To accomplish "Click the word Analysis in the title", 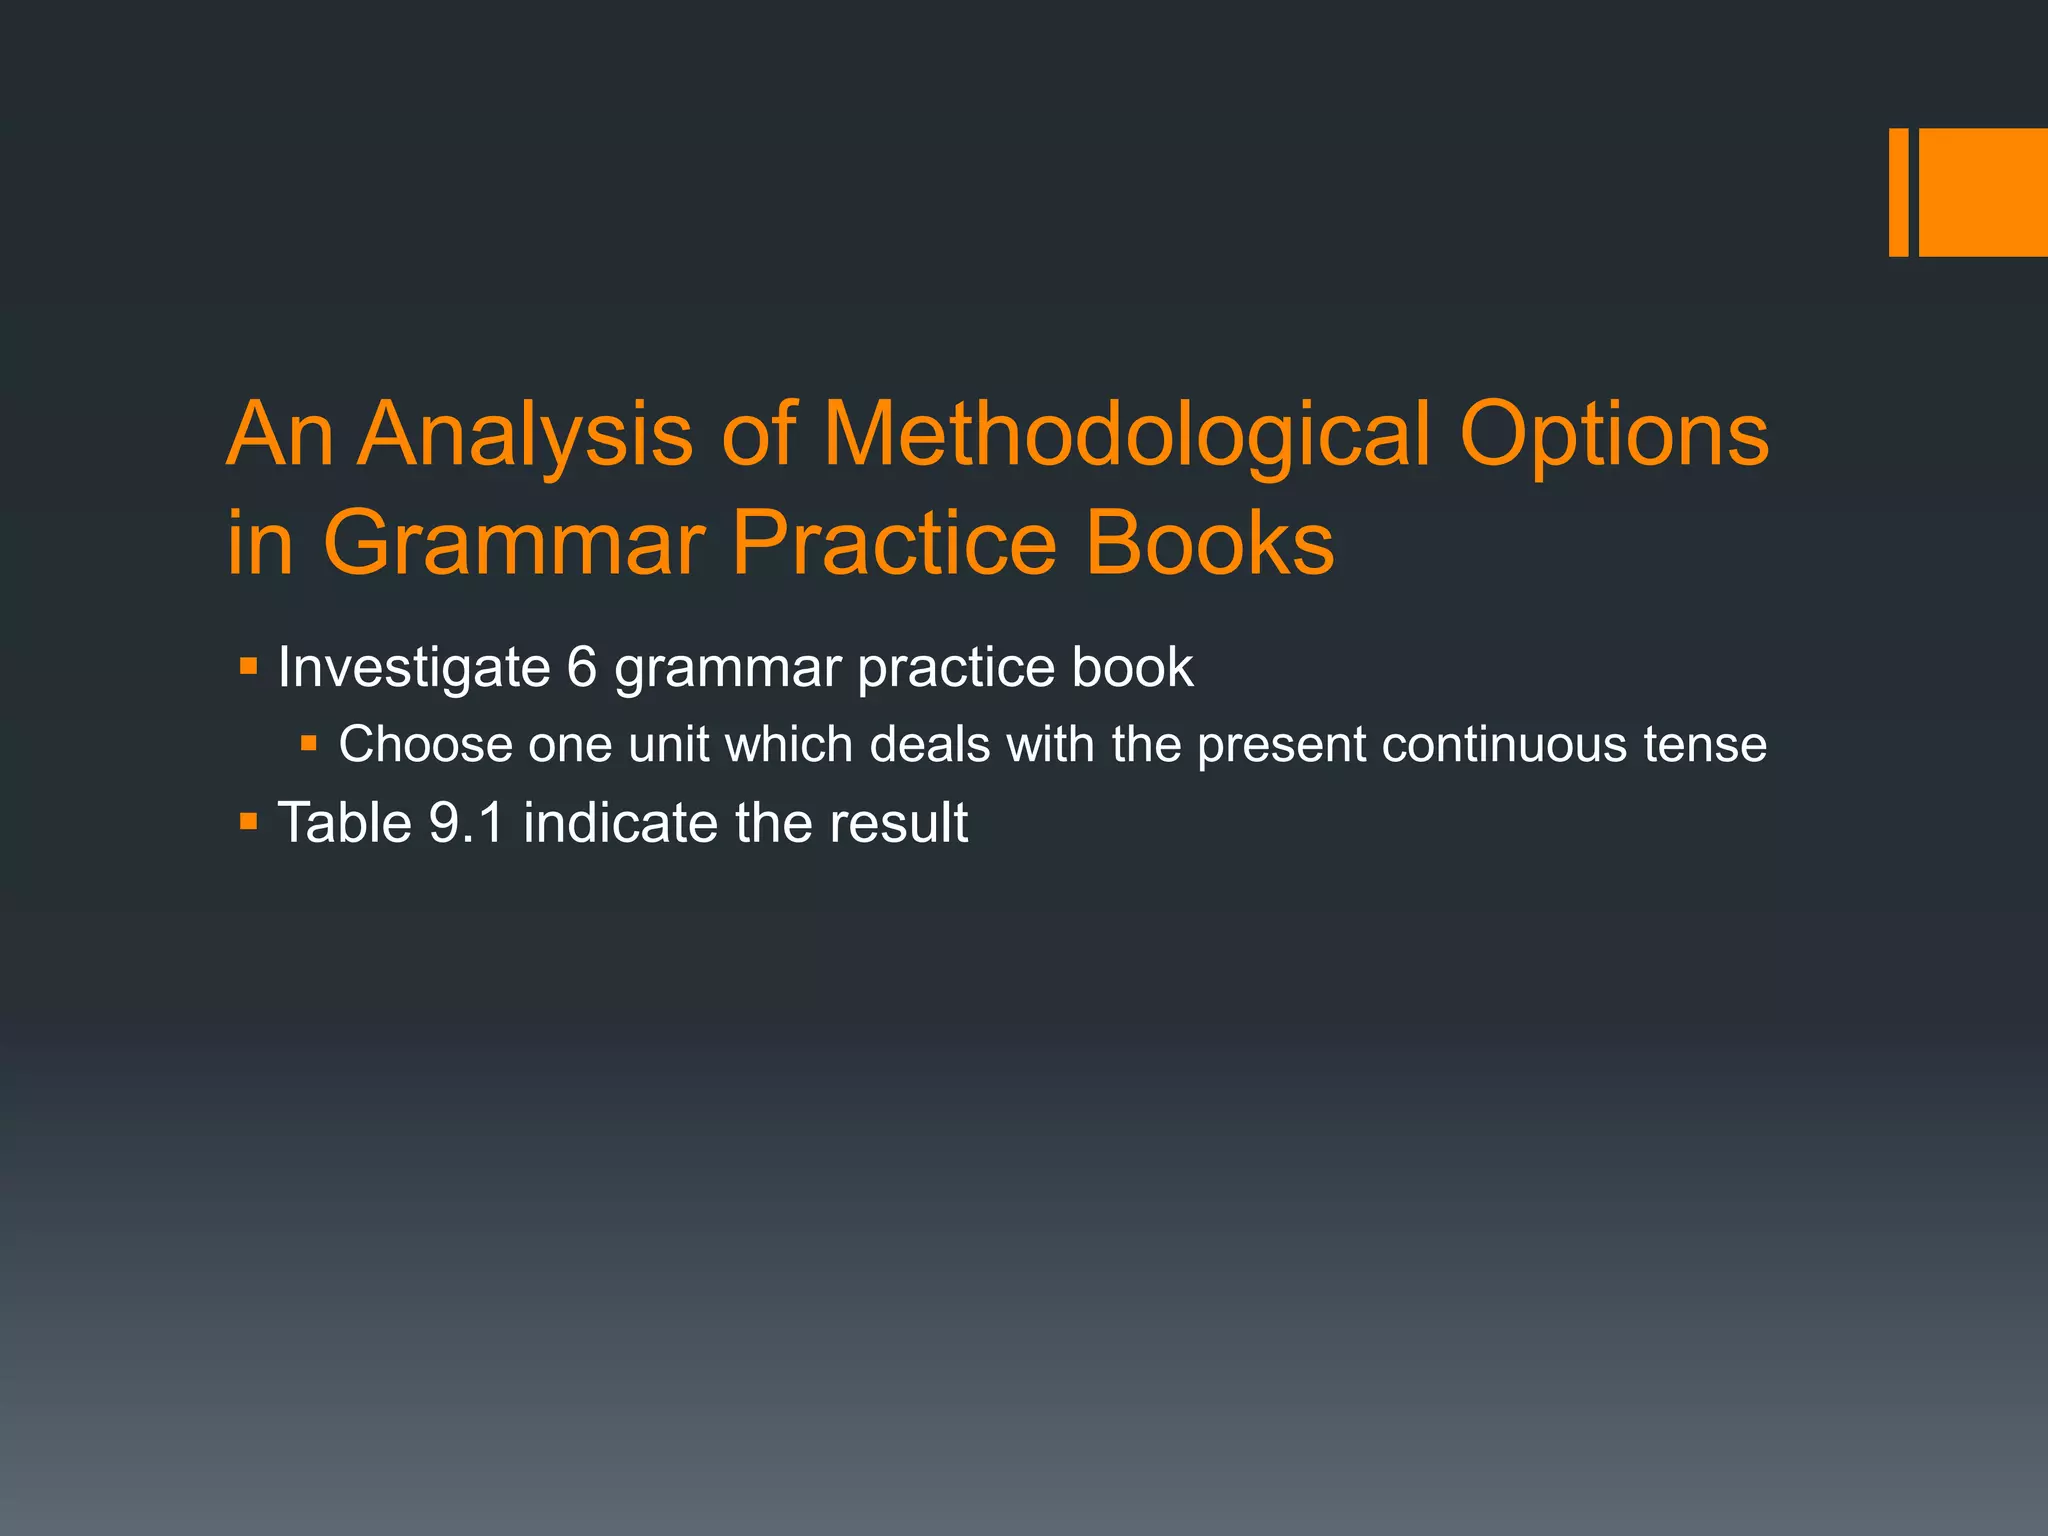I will [526, 437].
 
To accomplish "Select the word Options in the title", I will [1614, 437].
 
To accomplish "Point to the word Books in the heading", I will [1210, 543].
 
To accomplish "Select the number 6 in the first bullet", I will [582, 667].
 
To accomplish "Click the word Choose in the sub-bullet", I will [425, 745].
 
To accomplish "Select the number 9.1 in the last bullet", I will [466, 823].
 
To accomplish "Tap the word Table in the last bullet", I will [344, 823].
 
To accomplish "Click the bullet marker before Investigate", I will [249, 665].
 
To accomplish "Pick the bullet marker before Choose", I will [309, 743].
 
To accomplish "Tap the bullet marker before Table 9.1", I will [249, 822].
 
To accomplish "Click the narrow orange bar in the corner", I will [1898, 192].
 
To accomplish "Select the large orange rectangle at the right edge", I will [1983, 192].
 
